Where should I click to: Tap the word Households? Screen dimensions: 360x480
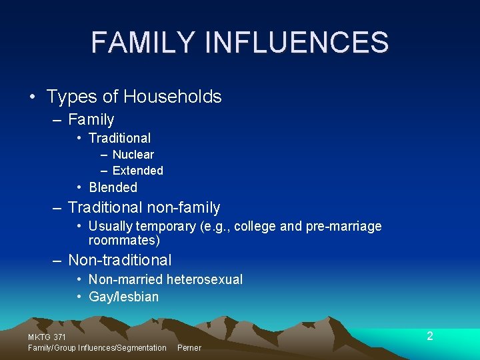[173, 97]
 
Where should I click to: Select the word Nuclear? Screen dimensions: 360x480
[133, 155]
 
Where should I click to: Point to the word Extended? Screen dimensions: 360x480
[137, 171]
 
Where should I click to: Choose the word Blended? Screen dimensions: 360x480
[113, 188]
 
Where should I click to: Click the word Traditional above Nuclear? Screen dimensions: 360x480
[119, 139]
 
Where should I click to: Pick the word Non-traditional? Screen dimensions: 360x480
[120, 261]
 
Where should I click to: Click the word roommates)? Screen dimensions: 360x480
[124, 240]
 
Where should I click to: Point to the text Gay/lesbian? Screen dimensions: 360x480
[123, 297]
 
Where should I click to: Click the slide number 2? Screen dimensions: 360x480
[430, 336]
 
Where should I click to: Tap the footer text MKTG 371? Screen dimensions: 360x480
[47, 338]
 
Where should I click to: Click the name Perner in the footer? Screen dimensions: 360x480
[189, 348]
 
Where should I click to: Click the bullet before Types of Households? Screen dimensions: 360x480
[33, 97]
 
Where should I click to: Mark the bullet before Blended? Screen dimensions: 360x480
[79, 188]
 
